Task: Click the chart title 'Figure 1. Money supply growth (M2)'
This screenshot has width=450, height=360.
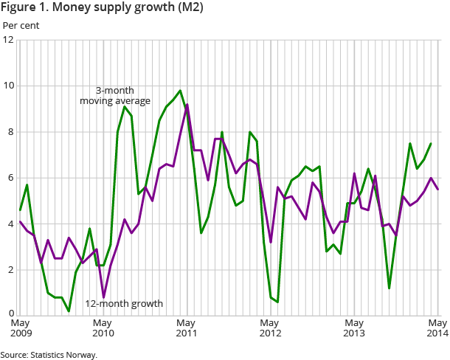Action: click(103, 8)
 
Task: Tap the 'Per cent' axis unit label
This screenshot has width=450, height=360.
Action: click(21, 25)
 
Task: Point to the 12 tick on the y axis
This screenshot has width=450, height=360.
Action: click(8, 40)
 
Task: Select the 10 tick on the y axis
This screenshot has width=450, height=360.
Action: click(8, 86)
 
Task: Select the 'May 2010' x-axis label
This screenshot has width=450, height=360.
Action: click(103, 328)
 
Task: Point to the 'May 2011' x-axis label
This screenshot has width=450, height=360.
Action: click(187, 328)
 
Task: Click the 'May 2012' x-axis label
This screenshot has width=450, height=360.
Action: click(271, 328)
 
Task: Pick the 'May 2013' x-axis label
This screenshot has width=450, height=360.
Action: click(354, 328)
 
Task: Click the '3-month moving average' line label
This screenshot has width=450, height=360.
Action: click(115, 95)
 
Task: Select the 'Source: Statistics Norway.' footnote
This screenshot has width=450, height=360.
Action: click(49, 355)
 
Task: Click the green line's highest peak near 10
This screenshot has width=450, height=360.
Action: click(179, 91)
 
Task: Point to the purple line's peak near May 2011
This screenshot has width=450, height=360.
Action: click(187, 105)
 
